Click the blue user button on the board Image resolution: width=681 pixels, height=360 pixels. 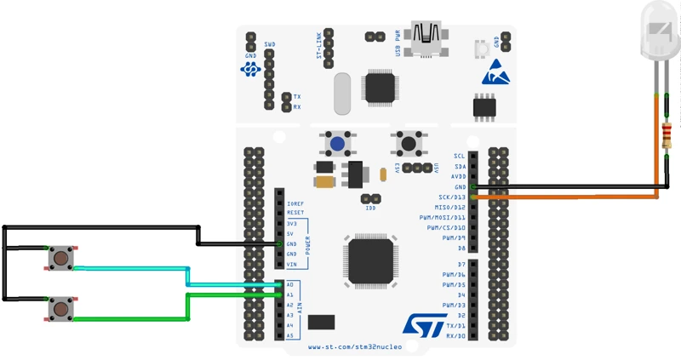338,144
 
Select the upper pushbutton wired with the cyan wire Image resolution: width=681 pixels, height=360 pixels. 60,257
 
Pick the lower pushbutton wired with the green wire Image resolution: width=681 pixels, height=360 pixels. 60,308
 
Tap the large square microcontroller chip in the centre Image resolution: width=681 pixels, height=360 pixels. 371,260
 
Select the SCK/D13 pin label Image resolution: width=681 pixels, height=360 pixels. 450,197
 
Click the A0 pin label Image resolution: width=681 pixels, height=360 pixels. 290,285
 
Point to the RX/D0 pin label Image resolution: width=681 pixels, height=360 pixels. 455,336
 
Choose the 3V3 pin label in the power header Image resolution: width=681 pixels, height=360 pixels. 291,224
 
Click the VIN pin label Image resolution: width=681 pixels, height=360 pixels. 291,265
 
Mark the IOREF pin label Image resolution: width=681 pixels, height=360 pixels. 295,204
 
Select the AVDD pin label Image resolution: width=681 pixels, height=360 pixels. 458,177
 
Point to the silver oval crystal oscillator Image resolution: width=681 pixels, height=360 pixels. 342,94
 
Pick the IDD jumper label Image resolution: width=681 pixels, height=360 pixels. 370,209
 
